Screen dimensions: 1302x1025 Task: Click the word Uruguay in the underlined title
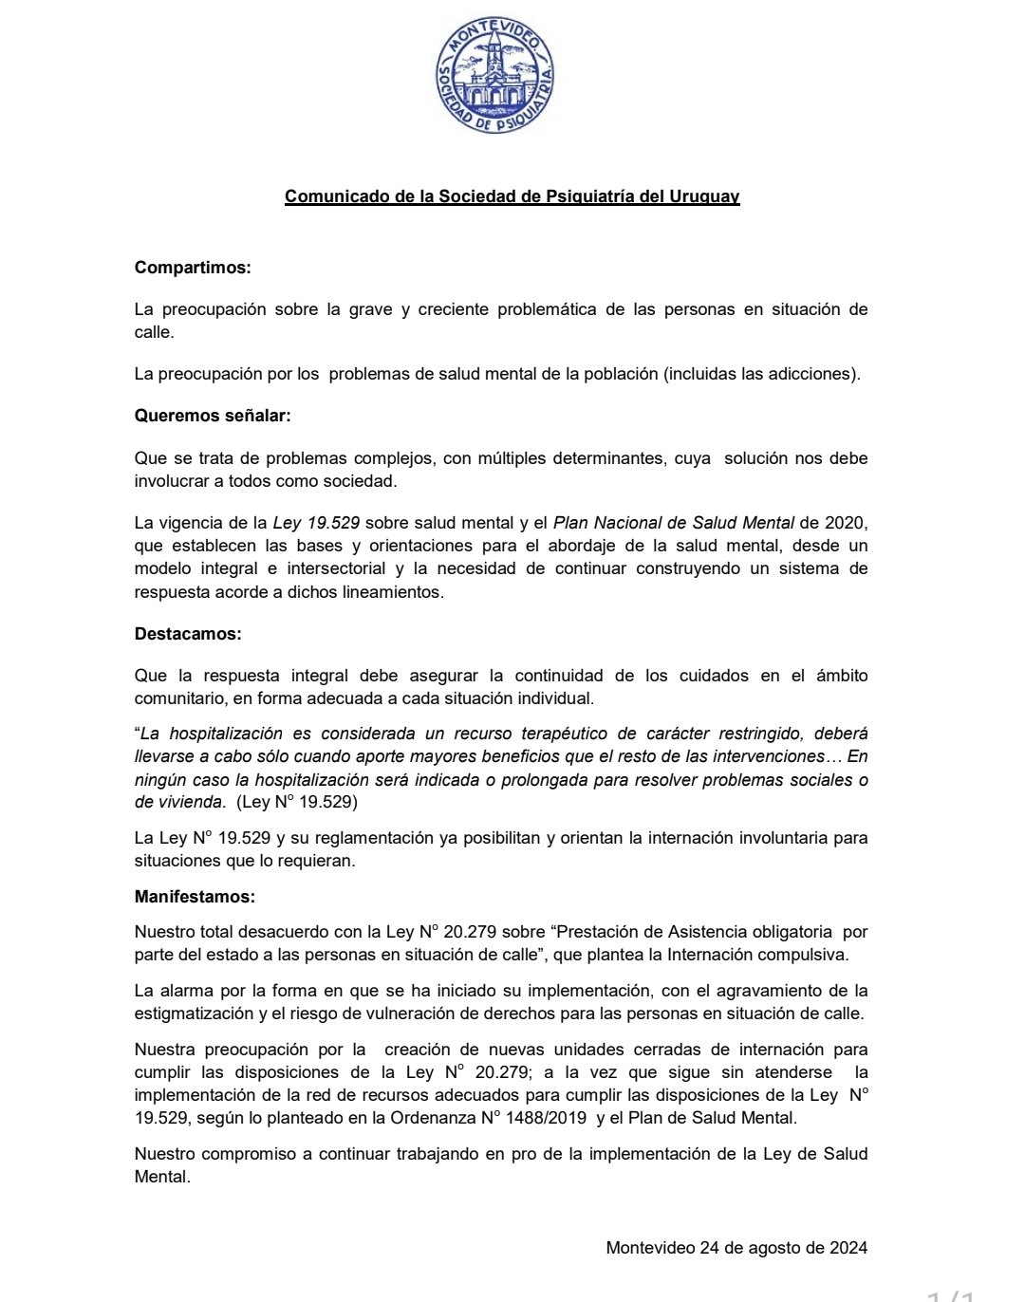[x=705, y=196]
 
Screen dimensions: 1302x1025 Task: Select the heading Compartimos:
[x=193, y=268]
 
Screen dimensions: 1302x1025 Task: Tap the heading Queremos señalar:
[x=213, y=416]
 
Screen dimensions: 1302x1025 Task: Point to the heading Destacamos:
[x=188, y=633]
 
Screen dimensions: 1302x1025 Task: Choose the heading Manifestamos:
[x=195, y=896]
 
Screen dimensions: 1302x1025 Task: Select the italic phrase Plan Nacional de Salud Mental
[x=673, y=523]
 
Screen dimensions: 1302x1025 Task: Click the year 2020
[x=847, y=523]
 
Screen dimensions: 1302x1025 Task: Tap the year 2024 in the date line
[x=848, y=1248]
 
